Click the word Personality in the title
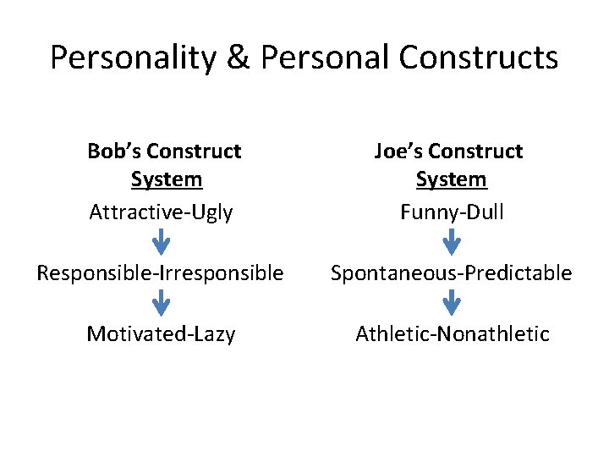click(x=134, y=58)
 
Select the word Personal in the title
click(x=324, y=58)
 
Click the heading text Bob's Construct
click(x=164, y=151)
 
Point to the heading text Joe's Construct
click(x=449, y=151)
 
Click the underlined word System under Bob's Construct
click(x=167, y=180)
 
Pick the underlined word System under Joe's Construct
click(x=452, y=180)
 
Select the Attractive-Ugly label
click(x=161, y=212)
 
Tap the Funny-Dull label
click(x=452, y=212)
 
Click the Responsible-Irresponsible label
click(x=160, y=273)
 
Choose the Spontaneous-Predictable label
click(x=452, y=273)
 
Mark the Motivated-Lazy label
click(x=161, y=334)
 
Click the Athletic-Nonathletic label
click(x=453, y=334)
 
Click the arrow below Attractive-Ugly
click(x=161, y=242)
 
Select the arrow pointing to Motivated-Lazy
click(x=161, y=303)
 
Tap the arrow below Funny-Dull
click(x=453, y=242)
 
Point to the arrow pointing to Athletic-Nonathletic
click(x=453, y=303)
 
